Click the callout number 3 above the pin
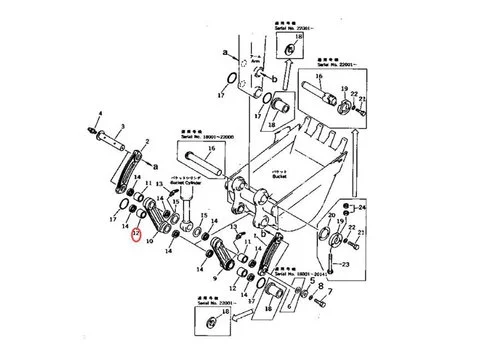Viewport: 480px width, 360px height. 122,127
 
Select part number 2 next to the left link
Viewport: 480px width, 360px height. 148,142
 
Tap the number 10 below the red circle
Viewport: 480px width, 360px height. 148,241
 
